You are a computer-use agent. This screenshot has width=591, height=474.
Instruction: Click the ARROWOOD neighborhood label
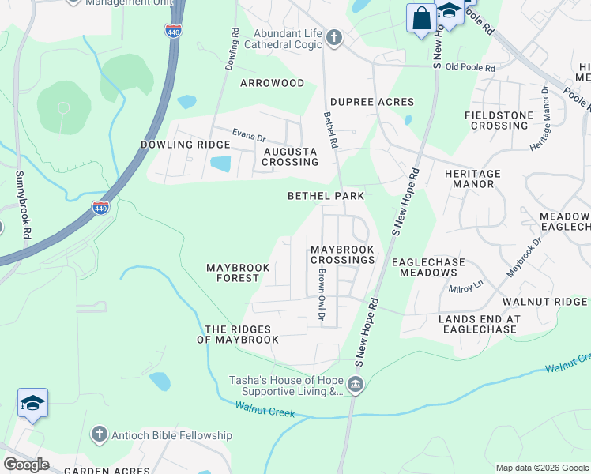click(272, 83)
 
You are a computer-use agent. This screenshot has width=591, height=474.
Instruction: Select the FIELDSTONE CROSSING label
click(495, 120)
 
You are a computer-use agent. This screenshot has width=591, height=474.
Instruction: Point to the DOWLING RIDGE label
click(185, 145)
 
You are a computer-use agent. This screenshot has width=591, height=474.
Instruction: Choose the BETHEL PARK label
click(326, 195)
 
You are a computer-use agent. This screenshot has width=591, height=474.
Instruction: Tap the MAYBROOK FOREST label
click(238, 273)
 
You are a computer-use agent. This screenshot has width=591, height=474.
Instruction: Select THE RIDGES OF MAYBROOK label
click(238, 334)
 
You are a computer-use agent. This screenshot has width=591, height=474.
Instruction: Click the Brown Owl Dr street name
click(322, 295)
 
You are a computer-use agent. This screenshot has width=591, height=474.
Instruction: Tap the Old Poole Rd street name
click(469, 68)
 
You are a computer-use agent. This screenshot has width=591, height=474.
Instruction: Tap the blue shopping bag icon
click(420, 17)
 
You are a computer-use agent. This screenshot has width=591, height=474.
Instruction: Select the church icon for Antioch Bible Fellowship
click(98, 434)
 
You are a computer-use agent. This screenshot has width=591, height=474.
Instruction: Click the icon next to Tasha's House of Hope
click(356, 385)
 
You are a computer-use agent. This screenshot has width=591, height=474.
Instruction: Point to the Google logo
click(25, 465)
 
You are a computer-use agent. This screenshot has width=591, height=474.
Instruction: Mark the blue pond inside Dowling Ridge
click(221, 164)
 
